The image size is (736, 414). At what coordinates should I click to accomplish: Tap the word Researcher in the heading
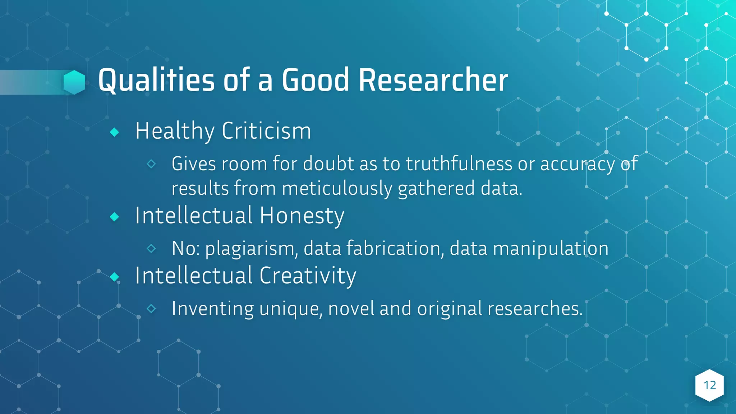[x=433, y=80]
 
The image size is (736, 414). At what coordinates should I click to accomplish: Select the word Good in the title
[x=315, y=80]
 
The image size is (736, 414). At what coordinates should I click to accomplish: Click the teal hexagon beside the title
[x=74, y=82]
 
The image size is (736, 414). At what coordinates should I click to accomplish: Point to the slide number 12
[x=709, y=385]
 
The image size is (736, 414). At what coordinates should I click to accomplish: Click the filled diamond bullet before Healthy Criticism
[x=115, y=132]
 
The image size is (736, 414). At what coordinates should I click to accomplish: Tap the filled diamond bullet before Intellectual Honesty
[x=115, y=217]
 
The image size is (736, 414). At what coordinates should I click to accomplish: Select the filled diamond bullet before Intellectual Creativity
[x=115, y=277]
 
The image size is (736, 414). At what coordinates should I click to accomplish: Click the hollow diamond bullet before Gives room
[x=151, y=164]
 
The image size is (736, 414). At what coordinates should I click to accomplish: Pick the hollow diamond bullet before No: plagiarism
[x=151, y=248]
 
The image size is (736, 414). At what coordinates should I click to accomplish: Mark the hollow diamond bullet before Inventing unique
[x=151, y=308]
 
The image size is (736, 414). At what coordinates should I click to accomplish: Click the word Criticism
[x=266, y=131]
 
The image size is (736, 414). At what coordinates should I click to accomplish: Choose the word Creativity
[x=308, y=276]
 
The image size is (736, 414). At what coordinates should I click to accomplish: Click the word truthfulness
[x=459, y=164]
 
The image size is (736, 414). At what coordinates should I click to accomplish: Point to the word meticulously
[x=337, y=188]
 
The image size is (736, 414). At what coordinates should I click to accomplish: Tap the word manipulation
[x=551, y=248]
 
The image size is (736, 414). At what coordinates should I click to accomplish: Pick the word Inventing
[x=213, y=308]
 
